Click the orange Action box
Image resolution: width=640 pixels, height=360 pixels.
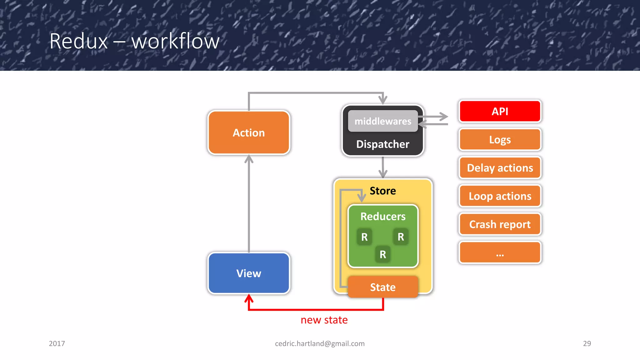click(x=249, y=132)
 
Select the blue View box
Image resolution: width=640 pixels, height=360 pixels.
click(x=249, y=273)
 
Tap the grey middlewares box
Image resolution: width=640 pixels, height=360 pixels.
click(x=383, y=121)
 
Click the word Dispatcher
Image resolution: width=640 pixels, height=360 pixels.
click(x=383, y=144)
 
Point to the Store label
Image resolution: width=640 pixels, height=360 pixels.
click(x=383, y=191)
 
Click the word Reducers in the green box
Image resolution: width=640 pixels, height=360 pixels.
click(x=383, y=216)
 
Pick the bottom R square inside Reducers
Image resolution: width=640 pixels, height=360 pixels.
click(x=383, y=254)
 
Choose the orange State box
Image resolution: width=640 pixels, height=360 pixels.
click(x=383, y=287)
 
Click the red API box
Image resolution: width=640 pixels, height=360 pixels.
click(x=500, y=111)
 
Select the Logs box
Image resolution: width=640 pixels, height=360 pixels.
click(x=500, y=139)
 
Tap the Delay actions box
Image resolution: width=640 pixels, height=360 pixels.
click(x=500, y=168)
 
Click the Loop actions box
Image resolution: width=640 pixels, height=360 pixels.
click(x=500, y=196)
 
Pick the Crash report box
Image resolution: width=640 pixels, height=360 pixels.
click(x=500, y=224)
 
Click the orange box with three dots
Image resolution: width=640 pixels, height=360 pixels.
click(x=500, y=252)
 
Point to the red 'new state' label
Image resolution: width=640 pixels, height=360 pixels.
click(x=324, y=320)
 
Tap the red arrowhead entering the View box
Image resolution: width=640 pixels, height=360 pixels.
click(x=249, y=298)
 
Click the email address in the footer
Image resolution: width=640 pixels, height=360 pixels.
click(x=320, y=343)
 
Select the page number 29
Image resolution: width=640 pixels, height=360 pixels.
click(x=587, y=343)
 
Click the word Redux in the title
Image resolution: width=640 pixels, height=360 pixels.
click(x=79, y=41)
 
